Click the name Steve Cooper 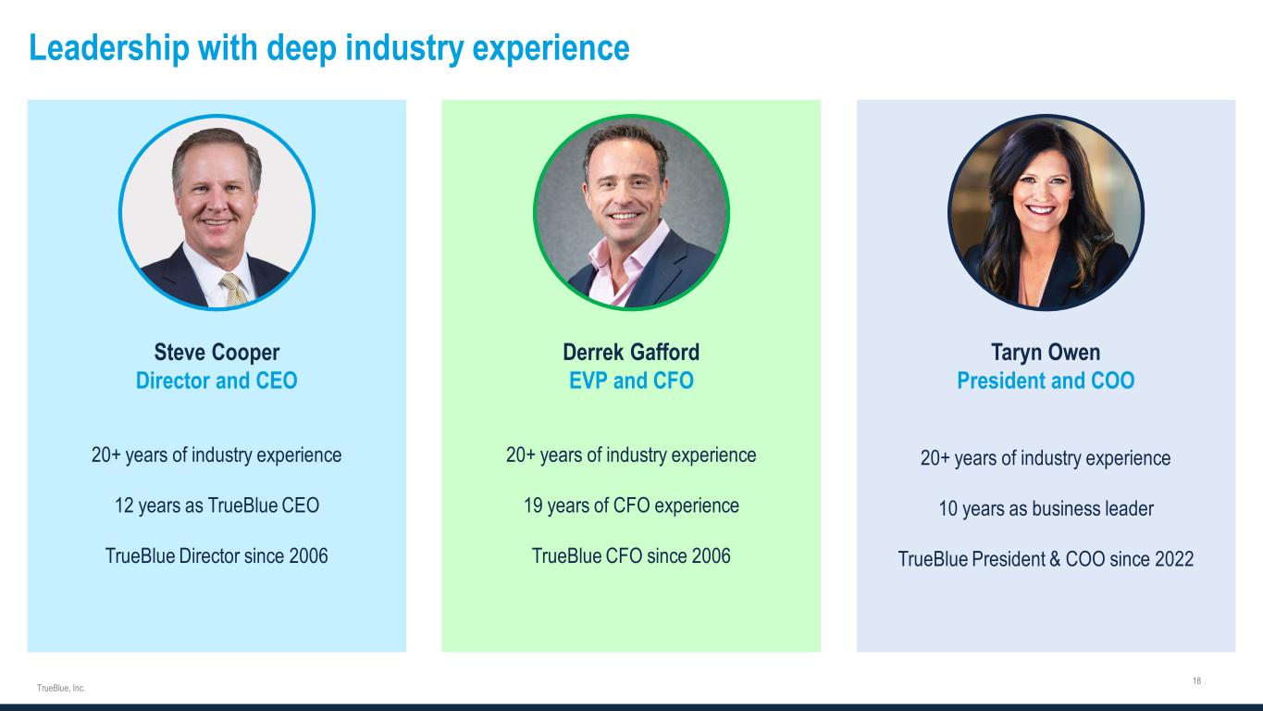tap(217, 353)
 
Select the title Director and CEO tap(217, 380)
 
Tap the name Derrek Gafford tap(631, 352)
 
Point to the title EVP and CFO tap(631, 380)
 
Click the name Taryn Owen tap(1046, 353)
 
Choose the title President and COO tap(1046, 380)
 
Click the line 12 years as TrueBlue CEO tap(217, 505)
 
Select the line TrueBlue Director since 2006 tap(217, 555)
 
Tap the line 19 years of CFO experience tap(631, 505)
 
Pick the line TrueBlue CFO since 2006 tap(631, 555)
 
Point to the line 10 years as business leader tap(1046, 508)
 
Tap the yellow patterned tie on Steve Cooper tap(234, 289)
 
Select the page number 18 tap(1196, 681)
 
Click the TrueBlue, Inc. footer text tap(61, 688)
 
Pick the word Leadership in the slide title tap(109, 48)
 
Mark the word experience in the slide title tap(551, 48)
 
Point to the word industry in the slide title tap(404, 48)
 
